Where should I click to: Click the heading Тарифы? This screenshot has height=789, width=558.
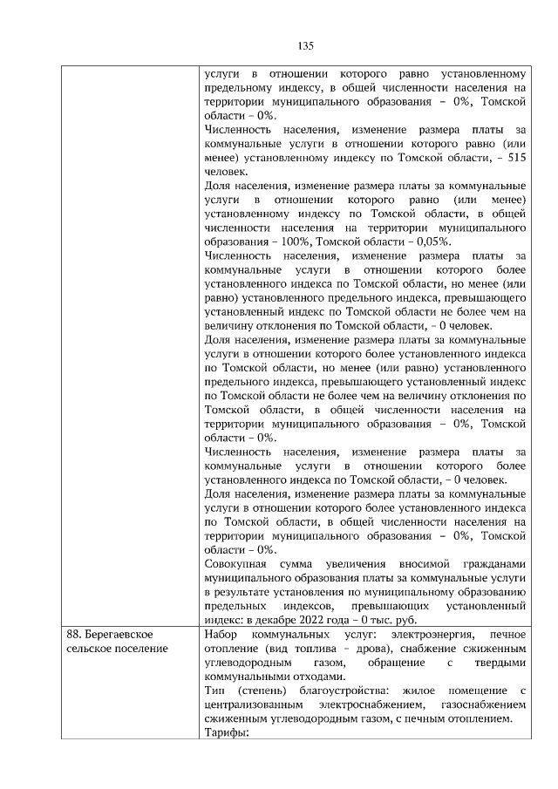point(226,732)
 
